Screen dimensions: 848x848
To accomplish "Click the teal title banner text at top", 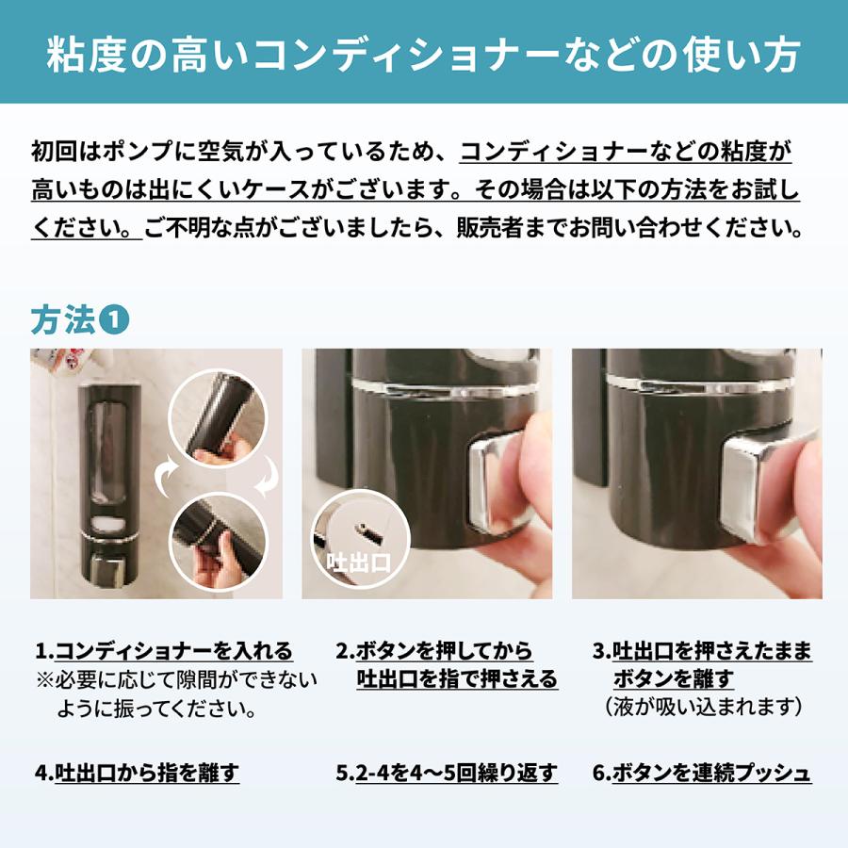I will (x=424, y=55).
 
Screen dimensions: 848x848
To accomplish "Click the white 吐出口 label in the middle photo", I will (x=357, y=563).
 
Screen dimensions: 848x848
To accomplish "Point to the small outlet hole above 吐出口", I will (x=360, y=527).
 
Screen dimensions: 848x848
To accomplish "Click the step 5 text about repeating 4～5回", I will (x=447, y=774).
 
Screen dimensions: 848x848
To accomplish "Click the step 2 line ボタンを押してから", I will (x=434, y=651).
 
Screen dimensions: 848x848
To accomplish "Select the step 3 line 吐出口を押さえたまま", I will (x=702, y=651).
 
